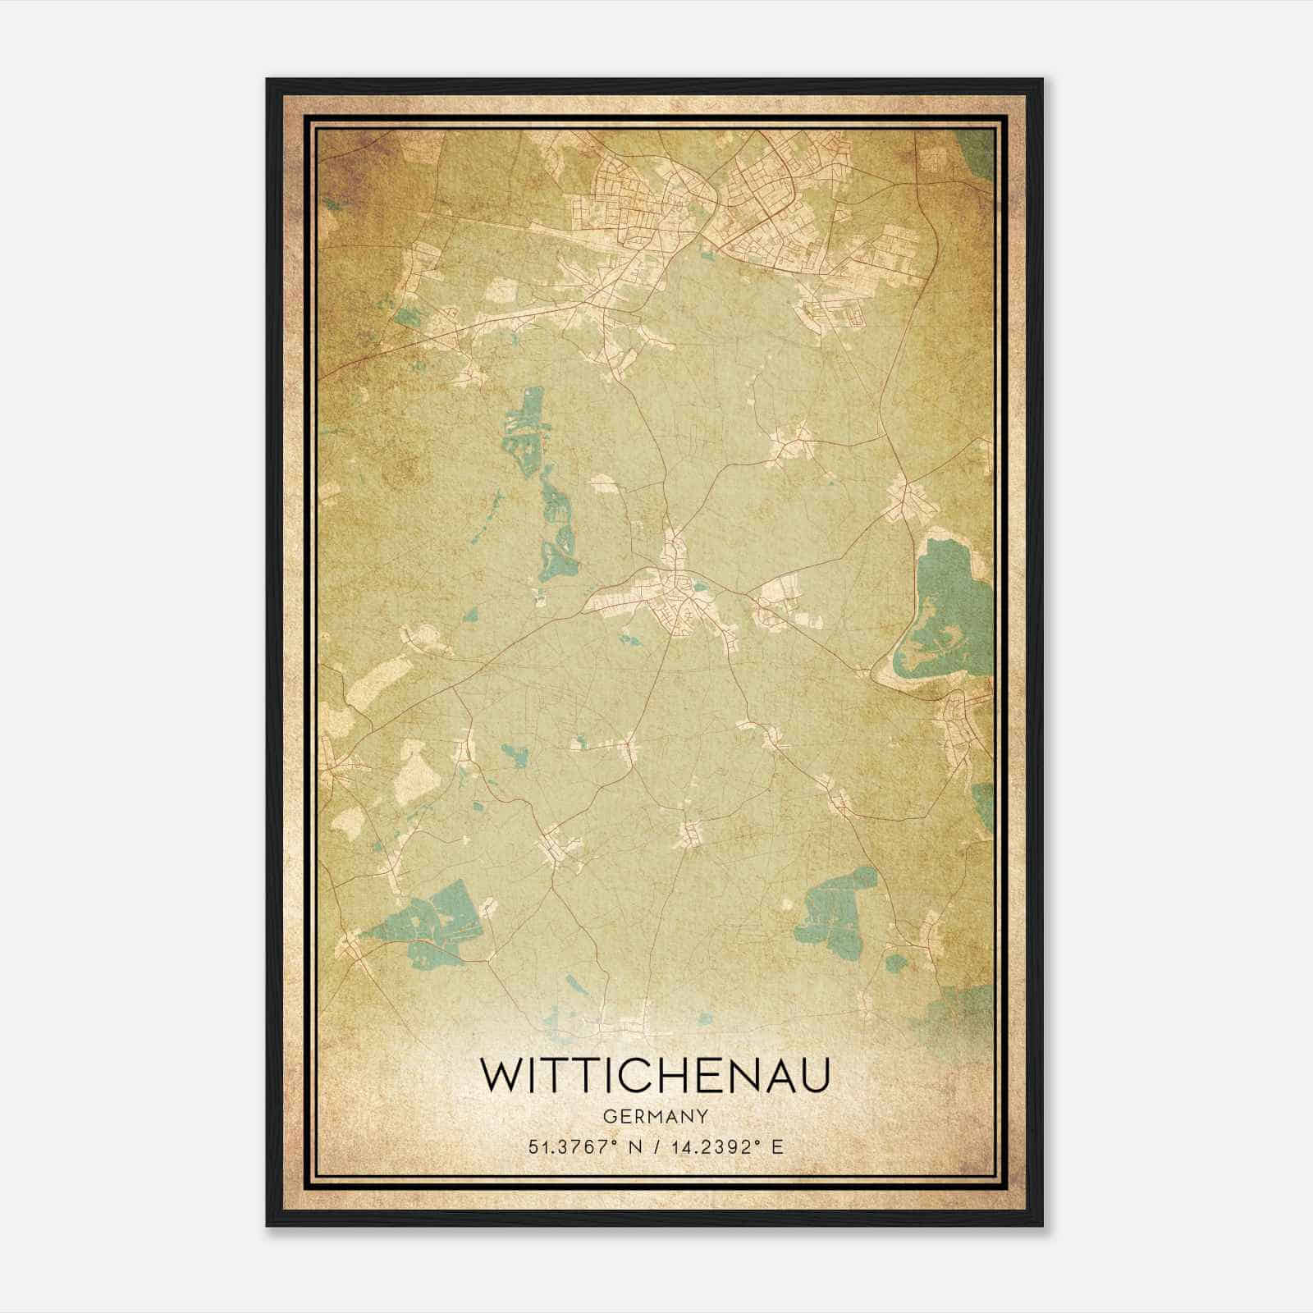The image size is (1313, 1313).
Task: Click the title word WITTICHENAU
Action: coord(656,1076)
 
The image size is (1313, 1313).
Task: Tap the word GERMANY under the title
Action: coord(656,1116)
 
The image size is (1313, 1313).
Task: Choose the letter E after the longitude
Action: coord(778,1146)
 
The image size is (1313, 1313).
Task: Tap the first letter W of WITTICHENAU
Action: coord(502,1076)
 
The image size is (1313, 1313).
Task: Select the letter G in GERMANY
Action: coord(608,1116)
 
